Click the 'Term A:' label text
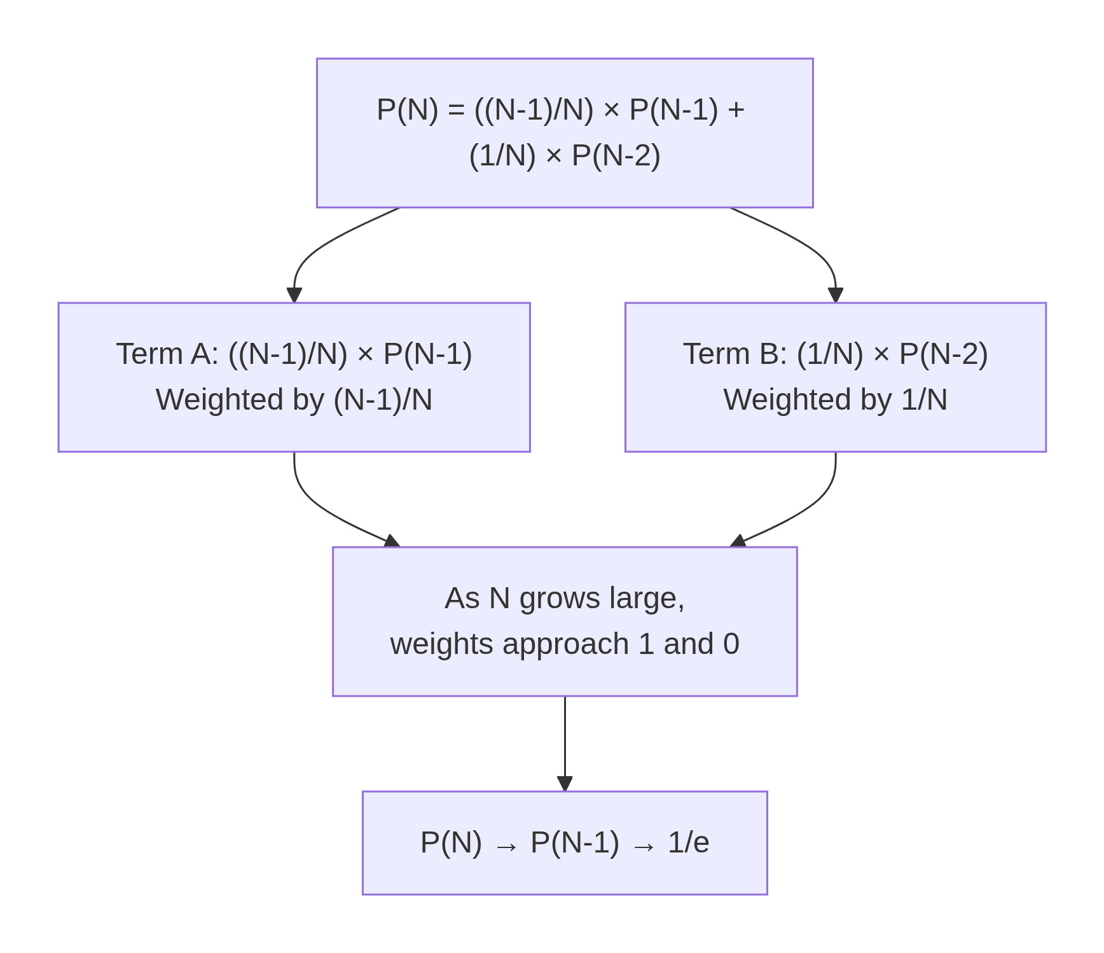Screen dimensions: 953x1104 pyautogui.click(x=167, y=354)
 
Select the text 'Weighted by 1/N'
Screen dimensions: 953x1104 pyautogui.click(x=835, y=400)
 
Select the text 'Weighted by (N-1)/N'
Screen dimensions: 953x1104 pyautogui.click(x=294, y=400)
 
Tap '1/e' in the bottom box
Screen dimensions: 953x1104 pyautogui.click(x=688, y=843)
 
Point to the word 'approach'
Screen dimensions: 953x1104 pyautogui.click(x=565, y=644)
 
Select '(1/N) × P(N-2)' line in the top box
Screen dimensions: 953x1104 pyautogui.click(x=565, y=156)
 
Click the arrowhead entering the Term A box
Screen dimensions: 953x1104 pyautogui.click(x=294, y=295)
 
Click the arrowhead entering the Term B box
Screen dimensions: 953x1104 pyautogui.click(x=835, y=295)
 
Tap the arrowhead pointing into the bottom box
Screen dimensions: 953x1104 pyautogui.click(x=565, y=784)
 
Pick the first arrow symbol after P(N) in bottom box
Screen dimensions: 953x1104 pyautogui.click(x=506, y=846)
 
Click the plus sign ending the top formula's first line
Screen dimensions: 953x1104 pyautogui.click(x=736, y=110)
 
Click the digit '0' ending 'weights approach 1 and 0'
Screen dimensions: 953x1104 pyautogui.click(x=731, y=644)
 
